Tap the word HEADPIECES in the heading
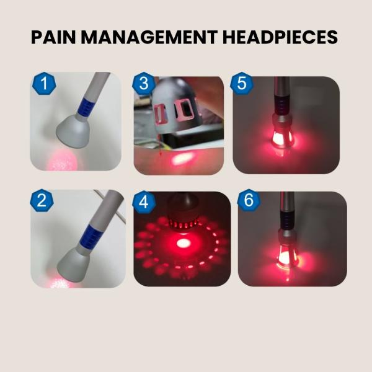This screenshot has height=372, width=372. [280, 37]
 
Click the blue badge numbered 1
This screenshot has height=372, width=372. [44, 84]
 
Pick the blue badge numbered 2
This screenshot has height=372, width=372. [42, 200]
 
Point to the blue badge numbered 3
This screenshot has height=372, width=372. [144, 84]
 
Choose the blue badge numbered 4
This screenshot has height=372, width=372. [144, 202]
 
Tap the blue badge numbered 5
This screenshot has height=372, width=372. [242, 84]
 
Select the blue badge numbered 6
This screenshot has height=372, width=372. [249, 200]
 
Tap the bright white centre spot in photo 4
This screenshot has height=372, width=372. [183, 243]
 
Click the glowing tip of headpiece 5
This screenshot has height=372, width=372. [283, 137]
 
